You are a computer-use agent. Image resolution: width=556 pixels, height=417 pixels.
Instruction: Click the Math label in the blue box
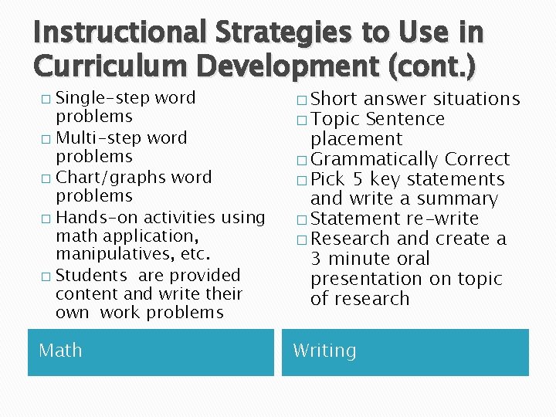point(60,351)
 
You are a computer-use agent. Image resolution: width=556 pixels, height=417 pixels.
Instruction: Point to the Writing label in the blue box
point(324,351)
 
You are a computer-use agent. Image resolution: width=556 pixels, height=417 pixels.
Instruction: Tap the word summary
point(456,199)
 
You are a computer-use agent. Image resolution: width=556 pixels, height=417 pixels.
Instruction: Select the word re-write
point(441,219)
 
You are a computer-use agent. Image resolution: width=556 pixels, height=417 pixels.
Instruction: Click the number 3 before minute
point(317,259)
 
